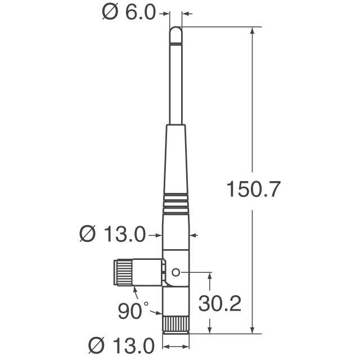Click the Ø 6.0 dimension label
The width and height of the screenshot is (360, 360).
(129, 13)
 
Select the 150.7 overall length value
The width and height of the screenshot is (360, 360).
(253, 190)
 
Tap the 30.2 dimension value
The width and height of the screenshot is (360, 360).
(220, 304)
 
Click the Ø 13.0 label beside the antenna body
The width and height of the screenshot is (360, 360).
(113, 233)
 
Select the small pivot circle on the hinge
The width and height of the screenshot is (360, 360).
(175, 272)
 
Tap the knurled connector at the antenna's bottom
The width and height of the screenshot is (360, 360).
(176, 323)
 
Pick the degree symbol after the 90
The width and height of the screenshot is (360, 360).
(146, 304)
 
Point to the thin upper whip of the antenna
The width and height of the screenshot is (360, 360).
(176, 84)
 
